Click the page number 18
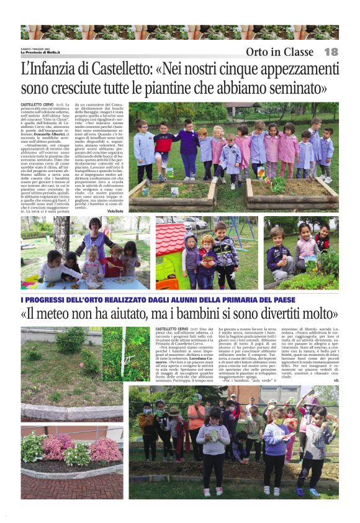pos(331,52)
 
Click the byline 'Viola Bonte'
pos(115,211)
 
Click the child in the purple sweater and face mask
pos(275,444)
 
